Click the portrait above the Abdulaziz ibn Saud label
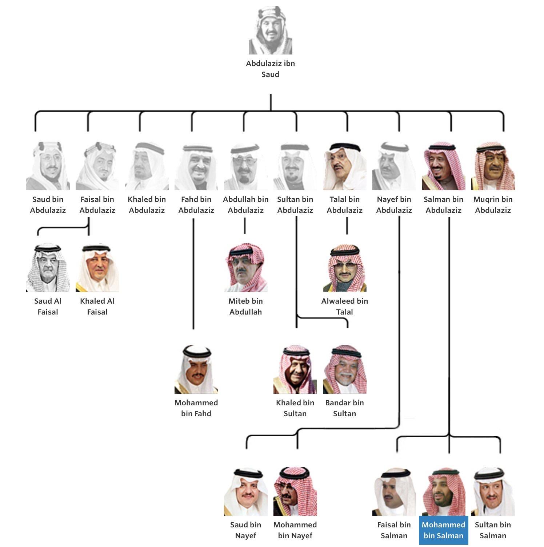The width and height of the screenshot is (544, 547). (x=270, y=31)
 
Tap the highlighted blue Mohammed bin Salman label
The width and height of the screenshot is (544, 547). (x=443, y=530)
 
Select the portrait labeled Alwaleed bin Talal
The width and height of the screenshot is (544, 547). (x=344, y=268)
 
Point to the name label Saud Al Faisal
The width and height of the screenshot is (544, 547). (x=48, y=306)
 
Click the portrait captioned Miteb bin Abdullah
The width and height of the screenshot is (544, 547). (x=245, y=268)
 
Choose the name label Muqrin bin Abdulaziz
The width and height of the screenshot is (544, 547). (x=493, y=204)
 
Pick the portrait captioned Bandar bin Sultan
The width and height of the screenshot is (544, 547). (x=344, y=370)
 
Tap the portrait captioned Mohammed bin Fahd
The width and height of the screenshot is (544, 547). (x=196, y=370)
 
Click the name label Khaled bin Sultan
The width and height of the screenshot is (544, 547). (x=295, y=408)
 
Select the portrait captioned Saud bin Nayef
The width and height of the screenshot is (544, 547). (x=245, y=492)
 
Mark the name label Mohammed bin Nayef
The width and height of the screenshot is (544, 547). (x=295, y=530)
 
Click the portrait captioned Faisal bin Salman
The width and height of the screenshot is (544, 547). (x=394, y=492)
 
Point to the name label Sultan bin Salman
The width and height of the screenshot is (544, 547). (x=493, y=530)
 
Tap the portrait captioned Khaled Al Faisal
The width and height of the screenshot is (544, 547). (x=97, y=268)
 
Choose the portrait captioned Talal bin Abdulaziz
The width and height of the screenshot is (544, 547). (x=344, y=166)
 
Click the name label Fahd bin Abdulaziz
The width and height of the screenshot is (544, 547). (x=196, y=204)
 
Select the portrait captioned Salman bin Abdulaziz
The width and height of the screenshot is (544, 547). (x=443, y=166)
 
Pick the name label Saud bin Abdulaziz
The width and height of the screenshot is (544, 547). (x=48, y=204)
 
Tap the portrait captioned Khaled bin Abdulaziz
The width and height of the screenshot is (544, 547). (x=147, y=166)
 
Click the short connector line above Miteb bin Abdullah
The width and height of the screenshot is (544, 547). (x=244, y=226)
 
